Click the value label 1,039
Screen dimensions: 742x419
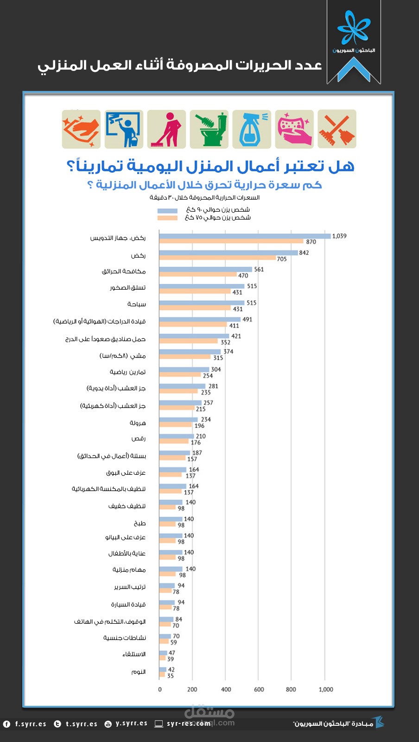[x=339, y=236]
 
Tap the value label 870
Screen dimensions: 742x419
[x=311, y=242]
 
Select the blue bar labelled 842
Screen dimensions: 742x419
[x=228, y=253]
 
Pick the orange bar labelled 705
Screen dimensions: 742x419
[x=217, y=258]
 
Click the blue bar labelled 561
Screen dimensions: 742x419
[x=205, y=269]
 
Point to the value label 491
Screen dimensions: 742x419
[x=248, y=319]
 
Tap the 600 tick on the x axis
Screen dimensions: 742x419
[x=259, y=690]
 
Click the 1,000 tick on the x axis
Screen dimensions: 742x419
[x=326, y=690]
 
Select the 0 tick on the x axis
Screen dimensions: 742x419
[x=160, y=690]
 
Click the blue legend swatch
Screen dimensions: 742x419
[x=167, y=211]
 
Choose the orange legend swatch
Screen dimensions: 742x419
[x=167, y=218]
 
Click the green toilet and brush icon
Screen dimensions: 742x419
[x=209, y=129]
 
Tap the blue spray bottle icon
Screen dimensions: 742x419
[x=252, y=129]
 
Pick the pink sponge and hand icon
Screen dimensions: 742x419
[x=294, y=129]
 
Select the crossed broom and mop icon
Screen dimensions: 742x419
[x=337, y=129]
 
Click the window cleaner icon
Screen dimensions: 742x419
[x=124, y=129]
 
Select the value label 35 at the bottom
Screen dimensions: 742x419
[x=171, y=676]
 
